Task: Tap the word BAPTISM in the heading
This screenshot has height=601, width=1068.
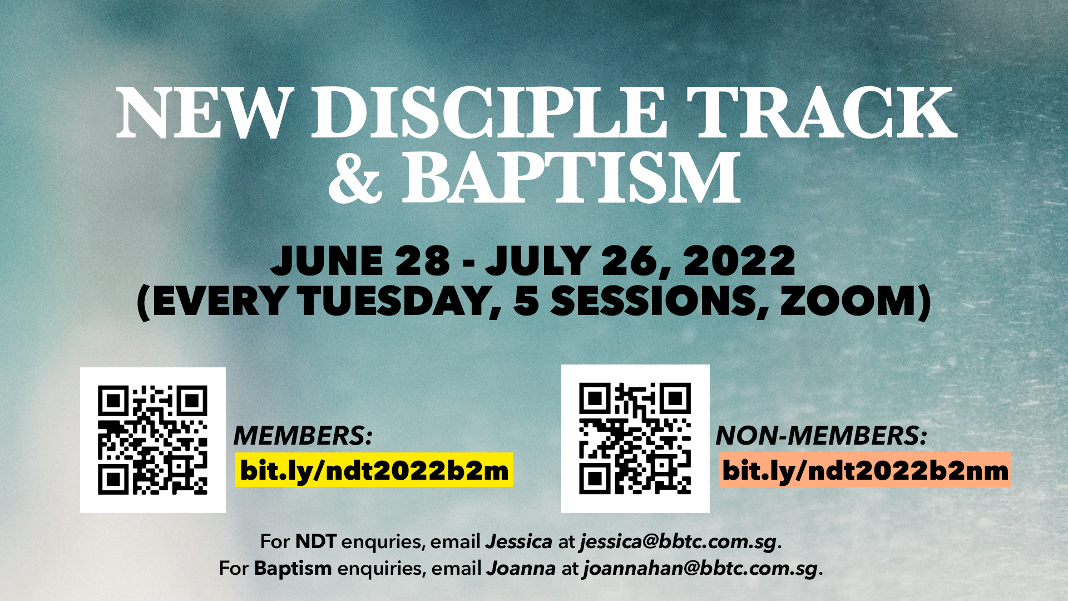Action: (571, 178)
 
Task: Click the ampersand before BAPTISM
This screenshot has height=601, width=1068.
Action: (355, 178)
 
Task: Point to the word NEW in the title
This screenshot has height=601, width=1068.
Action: (204, 113)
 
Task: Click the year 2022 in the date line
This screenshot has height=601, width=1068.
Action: (740, 260)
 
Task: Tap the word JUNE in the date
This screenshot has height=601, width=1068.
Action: (327, 260)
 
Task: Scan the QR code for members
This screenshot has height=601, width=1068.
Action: (152, 440)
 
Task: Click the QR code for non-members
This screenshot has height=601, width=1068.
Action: (635, 439)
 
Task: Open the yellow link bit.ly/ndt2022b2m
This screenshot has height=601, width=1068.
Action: (374, 470)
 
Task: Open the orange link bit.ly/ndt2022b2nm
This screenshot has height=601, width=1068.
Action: (864, 470)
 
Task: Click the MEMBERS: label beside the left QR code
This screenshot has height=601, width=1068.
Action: (303, 436)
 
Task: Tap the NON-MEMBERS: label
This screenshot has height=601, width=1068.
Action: (822, 436)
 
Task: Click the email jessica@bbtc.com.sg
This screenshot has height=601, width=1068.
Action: (678, 541)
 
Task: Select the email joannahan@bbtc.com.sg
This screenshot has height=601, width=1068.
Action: (700, 568)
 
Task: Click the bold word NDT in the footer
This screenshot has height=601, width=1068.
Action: (315, 541)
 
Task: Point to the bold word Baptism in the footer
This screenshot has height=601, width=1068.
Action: (293, 568)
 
